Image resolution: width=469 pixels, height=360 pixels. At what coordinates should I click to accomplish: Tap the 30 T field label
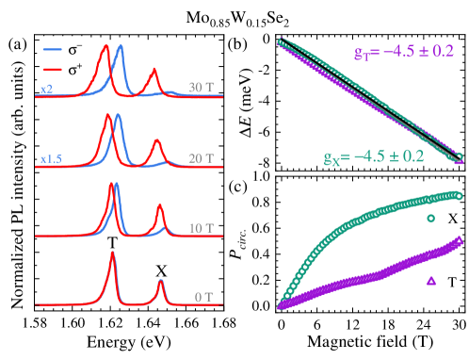tap(200, 87)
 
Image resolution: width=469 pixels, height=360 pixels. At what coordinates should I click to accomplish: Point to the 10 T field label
tap(201, 228)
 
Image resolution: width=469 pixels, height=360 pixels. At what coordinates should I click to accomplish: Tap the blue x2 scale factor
tap(46, 89)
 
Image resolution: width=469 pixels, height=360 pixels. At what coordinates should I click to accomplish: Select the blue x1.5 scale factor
tap(51, 159)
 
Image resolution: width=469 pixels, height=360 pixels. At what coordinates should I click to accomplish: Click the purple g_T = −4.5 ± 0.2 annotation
tap(404, 52)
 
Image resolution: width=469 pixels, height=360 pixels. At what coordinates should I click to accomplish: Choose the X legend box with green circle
tap(435, 219)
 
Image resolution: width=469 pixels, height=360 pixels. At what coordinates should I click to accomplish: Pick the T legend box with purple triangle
tap(435, 281)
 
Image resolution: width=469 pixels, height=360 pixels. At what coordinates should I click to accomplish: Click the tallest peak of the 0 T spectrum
tap(113, 253)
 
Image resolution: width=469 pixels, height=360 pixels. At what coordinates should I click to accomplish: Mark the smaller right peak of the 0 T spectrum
tap(160, 281)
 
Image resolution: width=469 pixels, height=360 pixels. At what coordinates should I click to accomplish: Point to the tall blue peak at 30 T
tap(120, 47)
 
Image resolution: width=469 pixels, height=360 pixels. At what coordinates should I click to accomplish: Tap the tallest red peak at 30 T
tap(105, 46)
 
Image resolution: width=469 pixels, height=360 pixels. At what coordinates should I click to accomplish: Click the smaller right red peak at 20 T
tap(157, 141)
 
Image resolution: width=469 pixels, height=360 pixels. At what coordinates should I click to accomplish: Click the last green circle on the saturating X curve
tap(459, 195)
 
